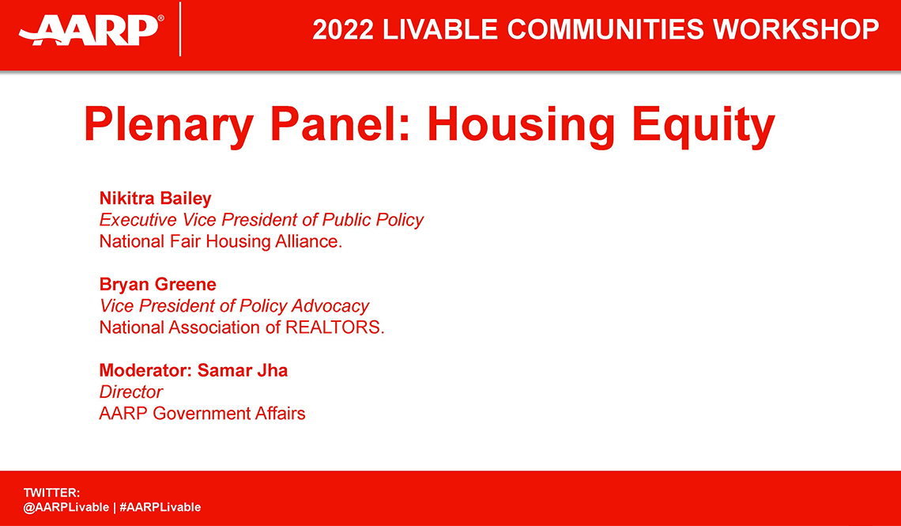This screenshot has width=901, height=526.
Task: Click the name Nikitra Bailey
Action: (156, 198)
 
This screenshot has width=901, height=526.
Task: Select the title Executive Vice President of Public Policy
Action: (262, 220)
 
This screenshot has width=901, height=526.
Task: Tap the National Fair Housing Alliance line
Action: (221, 241)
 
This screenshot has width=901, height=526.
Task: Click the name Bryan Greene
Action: (157, 284)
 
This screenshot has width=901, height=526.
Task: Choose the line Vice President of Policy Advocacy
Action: (234, 305)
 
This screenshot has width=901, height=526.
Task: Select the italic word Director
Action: (131, 392)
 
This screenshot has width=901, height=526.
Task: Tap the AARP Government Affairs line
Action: (202, 413)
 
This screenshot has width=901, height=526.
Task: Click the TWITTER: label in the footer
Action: (51, 493)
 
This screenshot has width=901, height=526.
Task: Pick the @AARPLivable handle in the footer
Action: (66, 507)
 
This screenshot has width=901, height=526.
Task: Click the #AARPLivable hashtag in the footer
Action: (160, 507)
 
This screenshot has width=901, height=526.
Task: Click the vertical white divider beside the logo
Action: (181, 29)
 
